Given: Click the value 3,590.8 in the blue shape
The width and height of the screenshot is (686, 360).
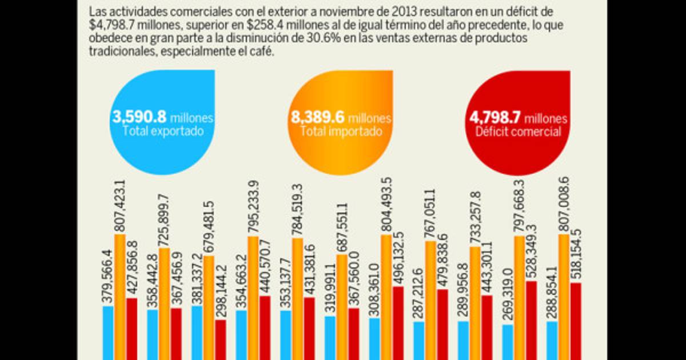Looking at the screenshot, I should tap(139, 118).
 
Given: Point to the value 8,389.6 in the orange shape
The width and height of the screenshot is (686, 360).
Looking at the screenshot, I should tap(318, 118).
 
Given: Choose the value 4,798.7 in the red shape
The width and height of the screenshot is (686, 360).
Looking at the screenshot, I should tap(495, 118).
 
